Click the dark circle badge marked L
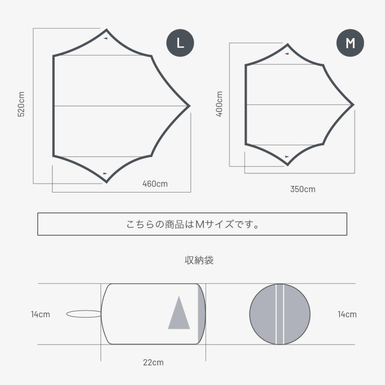click(180, 43)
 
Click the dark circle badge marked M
click(350, 43)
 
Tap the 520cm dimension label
click(21, 104)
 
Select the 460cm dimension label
click(155, 184)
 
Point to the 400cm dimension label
click(219, 104)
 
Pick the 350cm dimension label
click(303, 189)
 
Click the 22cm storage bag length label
click(153, 362)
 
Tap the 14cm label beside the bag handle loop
click(41, 314)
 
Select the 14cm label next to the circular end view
click(347, 314)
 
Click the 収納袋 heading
click(199, 260)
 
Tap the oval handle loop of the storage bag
click(84, 314)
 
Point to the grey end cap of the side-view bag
click(201, 314)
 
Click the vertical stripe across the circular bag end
click(280, 314)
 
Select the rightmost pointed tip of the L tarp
click(190, 106)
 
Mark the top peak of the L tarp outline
click(107, 30)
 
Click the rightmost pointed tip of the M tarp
click(354, 105)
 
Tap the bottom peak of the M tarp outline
click(287, 165)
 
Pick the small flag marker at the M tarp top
click(287, 53)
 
